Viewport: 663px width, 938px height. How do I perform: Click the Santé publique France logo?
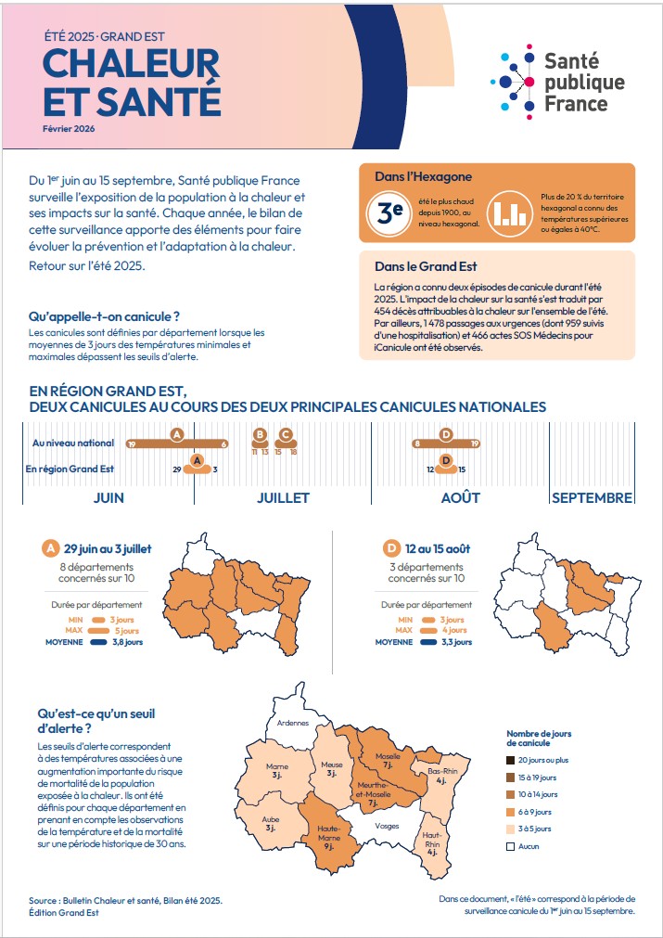558,81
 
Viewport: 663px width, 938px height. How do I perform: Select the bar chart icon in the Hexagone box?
507,212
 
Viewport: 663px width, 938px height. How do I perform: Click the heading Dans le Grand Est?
413,266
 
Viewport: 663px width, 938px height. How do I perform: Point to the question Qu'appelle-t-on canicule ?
104,317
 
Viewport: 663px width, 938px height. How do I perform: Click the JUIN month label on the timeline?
108,497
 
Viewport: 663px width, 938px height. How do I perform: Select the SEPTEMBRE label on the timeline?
592,497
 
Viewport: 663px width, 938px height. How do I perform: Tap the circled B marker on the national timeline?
260,434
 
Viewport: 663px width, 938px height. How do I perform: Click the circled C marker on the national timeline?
286,434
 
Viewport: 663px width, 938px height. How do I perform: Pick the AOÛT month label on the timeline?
460,497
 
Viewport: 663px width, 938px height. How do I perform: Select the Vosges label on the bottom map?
387,825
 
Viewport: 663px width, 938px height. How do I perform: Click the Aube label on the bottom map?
271,824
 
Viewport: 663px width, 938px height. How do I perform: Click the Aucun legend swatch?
511,846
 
